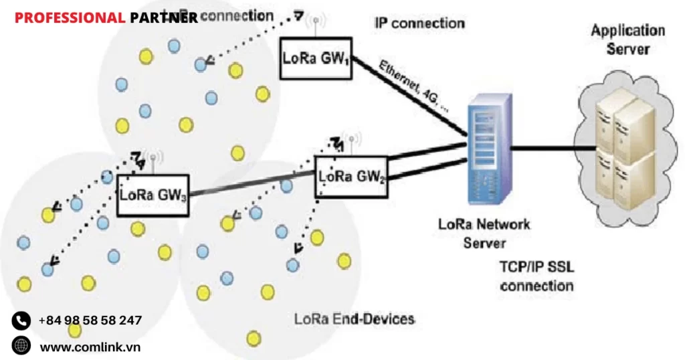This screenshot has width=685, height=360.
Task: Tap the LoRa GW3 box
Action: (x=153, y=196)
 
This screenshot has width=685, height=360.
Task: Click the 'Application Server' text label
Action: (x=627, y=39)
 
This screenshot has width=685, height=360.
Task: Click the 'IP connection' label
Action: (x=419, y=23)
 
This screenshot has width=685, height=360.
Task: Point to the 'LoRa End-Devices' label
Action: (x=355, y=319)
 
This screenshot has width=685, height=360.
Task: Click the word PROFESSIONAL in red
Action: (x=70, y=18)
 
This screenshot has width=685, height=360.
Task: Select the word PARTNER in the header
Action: (x=164, y=18)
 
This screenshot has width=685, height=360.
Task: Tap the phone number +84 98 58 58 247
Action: (x=90, y=321)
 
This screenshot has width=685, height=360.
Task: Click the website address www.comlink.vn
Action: (x=90, y=347)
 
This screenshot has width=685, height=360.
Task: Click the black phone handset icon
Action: (x=21, y=321)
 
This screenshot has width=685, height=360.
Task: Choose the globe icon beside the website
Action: (x=21, y=346)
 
